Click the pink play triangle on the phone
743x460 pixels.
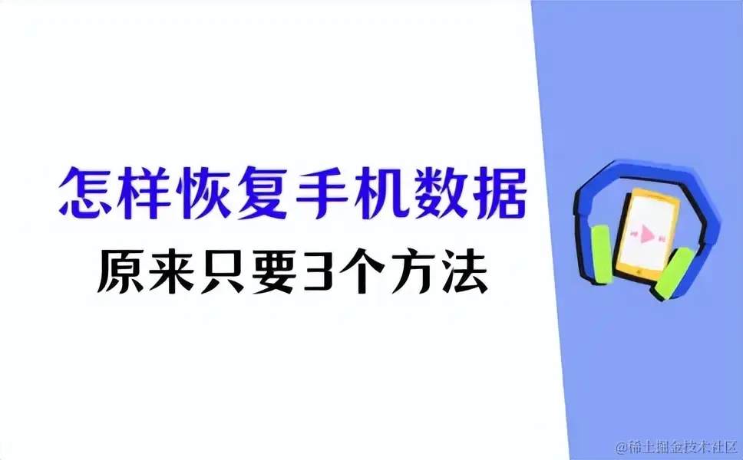click(x=647, y=234)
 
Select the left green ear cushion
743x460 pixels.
click(x=601, y=255)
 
